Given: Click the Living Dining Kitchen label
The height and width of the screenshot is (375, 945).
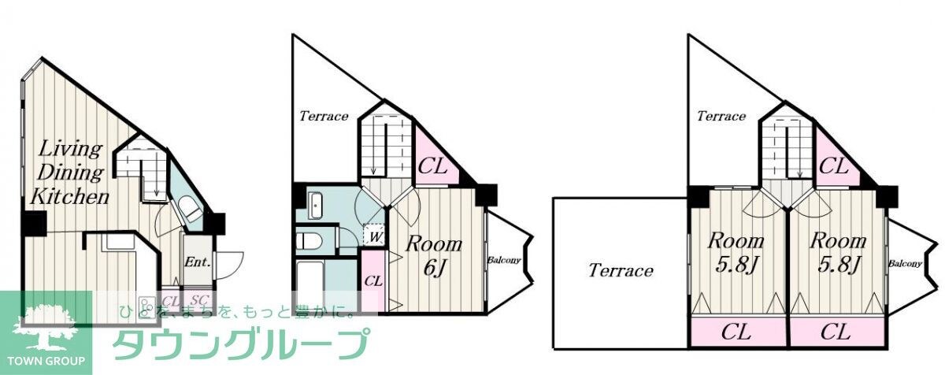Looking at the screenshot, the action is (x=70, y=173).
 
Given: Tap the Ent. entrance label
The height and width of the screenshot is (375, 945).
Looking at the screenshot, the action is (x=198, y=262).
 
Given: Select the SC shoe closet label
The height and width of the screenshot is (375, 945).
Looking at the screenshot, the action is (x=199, y=300).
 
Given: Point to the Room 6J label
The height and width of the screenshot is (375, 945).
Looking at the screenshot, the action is (x=434, y=255).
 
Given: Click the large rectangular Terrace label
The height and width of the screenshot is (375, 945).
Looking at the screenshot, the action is (x=621, y=270).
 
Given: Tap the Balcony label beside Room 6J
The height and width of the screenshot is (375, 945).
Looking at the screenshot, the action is (x=504, y=260).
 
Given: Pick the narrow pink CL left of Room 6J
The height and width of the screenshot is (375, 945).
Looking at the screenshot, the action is (x=373, y=281).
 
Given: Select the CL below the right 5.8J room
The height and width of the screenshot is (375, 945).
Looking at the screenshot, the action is (x=837, y=332).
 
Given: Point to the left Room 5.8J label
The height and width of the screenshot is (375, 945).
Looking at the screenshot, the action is (x=736, y=253).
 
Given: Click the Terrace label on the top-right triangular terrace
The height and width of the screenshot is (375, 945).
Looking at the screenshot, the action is (x=721, y=116).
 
